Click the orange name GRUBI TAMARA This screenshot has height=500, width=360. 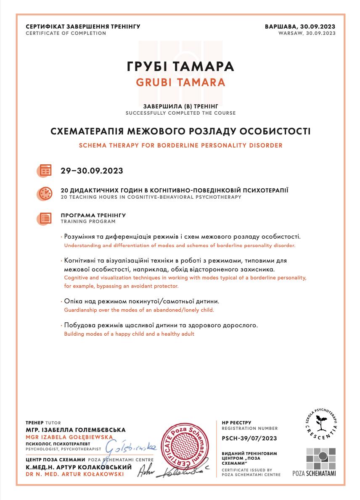180,82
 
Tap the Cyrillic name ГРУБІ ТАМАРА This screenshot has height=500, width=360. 180,66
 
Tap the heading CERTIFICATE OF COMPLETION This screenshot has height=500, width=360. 66,33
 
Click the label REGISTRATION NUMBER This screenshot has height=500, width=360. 249,428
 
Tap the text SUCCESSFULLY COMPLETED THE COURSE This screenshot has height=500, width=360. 180,113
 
